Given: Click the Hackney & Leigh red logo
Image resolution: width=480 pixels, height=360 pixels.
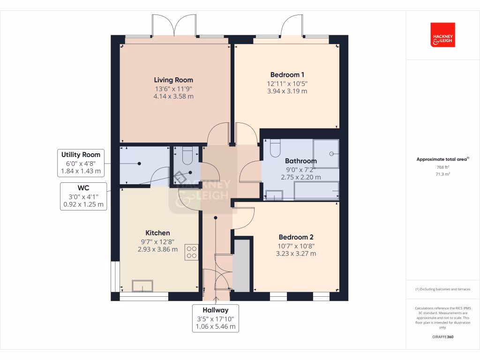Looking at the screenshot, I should point(442,35).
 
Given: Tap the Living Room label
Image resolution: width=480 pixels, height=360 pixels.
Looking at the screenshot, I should point(173,80).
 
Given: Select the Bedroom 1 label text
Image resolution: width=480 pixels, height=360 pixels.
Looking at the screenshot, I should point(287,75).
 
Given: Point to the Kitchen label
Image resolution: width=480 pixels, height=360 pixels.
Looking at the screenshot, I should point(157,233).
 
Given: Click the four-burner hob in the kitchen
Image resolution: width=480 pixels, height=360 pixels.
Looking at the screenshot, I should point(191,252).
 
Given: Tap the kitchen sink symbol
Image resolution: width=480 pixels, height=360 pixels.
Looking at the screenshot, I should point(142,285).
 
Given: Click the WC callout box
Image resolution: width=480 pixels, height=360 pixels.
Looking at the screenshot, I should point(83,196).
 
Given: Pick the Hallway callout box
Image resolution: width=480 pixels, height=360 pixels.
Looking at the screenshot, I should point(216,318).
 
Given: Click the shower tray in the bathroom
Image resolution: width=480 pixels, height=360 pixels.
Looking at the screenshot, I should point(326,153).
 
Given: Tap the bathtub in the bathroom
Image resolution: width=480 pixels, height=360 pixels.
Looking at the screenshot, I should point(316,191).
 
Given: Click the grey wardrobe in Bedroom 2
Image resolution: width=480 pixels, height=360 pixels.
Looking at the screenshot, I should point(242,265).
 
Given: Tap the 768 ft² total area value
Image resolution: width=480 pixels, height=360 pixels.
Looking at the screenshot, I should point(442,167).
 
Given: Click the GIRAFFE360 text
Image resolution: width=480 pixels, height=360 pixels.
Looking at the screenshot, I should point(442,337).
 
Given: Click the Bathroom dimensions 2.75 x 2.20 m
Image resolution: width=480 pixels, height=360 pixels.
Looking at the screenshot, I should point(301,177).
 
